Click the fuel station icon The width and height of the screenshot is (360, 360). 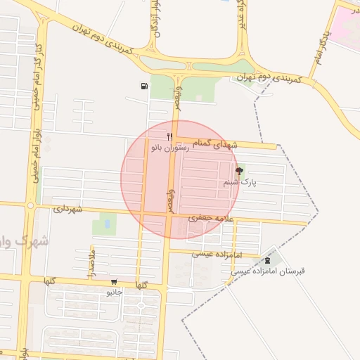(x=144, y=86)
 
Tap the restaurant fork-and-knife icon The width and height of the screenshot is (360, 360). (x=169, y=136)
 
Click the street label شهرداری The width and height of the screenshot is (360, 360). (x=68, y=209)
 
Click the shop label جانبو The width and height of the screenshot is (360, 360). (x=114, y=291)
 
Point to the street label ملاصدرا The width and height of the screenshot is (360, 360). (x=90, y=262)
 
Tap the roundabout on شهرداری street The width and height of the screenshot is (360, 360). (x=30, y=206)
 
